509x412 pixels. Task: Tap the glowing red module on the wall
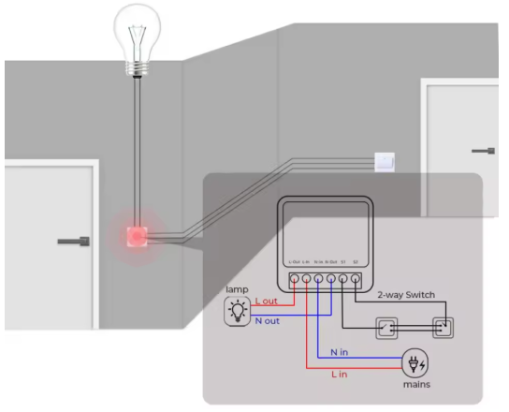(138, 237)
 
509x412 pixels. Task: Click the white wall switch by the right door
(385, 162)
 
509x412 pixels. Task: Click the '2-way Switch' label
(405, 294)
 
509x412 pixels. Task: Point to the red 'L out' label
(266, 302)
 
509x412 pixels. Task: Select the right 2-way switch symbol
(441, 329)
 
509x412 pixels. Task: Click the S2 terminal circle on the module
(356, 279)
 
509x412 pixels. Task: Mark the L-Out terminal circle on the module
(294, 279)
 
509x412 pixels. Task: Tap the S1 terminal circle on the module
(343, 279)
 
